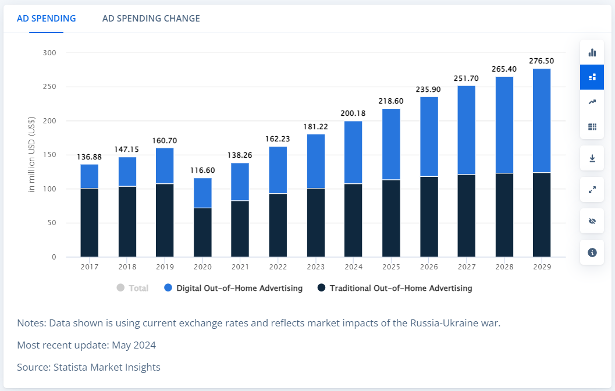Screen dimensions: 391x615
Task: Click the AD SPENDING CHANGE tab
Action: (151, 19)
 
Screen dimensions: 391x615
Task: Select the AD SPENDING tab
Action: (47, 19)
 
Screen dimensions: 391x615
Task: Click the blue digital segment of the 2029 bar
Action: (541, 120)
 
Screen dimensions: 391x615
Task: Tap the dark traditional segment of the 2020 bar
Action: (202, 232)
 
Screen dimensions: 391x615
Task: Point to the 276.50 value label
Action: (541, 61)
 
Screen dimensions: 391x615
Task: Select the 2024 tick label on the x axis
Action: (353, 266)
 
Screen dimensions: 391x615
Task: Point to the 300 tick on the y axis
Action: (49, 53)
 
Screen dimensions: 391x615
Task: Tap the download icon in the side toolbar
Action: (592, 158)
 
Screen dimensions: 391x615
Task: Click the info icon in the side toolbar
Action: (592, 253)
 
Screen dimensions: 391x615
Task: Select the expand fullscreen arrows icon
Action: (592, 190)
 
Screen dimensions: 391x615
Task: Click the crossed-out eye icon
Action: (592, 221)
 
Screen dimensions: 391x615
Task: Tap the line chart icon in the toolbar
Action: (592, 102)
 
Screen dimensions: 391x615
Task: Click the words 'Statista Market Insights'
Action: (107, 367)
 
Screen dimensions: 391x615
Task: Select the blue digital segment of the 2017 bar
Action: (90, 176)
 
